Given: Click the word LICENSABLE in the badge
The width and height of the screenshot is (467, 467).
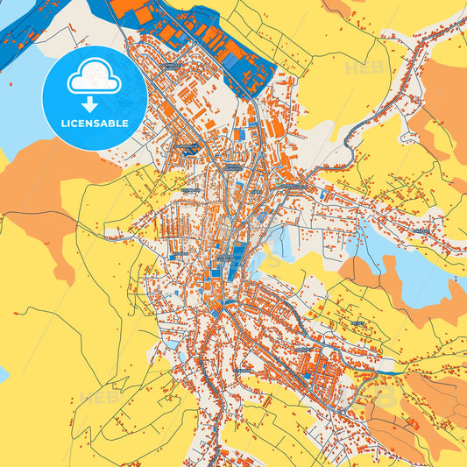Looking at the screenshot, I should click(x=95, y=123).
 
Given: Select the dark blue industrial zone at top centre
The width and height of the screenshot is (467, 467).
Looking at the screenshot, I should click(x=219, y=44).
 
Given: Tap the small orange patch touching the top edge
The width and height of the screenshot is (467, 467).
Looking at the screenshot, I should click(x=337, y=7).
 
